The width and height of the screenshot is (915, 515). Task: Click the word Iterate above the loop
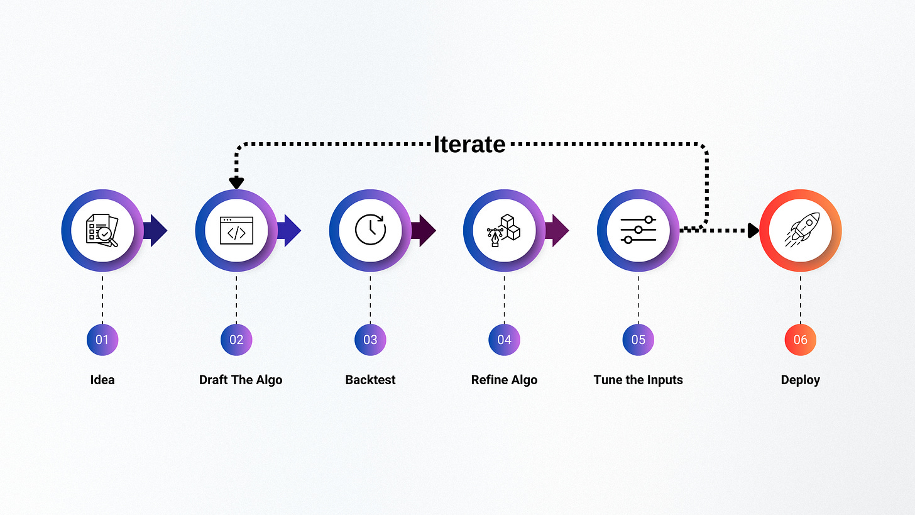pyautogui.click(x=469, y=144)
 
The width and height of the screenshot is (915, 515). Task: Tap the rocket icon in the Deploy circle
pyautogui.click(x=800, y=230)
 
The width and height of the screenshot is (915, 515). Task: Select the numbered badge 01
pyautogui.click(x=102, y=340)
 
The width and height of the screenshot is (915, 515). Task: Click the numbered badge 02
pyautogui.click(x=236, y=340)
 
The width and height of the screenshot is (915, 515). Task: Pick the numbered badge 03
pyautogui.click(x=370, y=340)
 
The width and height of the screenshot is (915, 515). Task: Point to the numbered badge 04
pyautogui.click(x=504, y=340)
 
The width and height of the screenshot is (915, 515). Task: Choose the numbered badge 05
pyautogui.click(x=638, y=340)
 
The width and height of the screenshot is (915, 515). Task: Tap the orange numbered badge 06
pyautogui.click(x=800, y=340)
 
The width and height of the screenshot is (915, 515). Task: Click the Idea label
pyautogui.click(x=102, y=380)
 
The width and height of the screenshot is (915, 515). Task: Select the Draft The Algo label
pyautogui.click(x=241, y=380)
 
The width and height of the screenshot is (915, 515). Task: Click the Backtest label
pyautogui.click(x=370, y=380)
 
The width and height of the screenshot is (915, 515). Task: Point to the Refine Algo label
pyautogui.click(x=504, y=380)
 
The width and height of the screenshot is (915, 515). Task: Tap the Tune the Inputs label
pyautogui.click(x=638, y=380)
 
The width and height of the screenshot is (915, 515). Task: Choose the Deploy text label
pyautogui.click(x=800, y=380)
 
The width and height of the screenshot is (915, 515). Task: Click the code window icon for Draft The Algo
pyautogui.click(x=236, y=230)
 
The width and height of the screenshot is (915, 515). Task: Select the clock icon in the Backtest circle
pyautogui.click(x=370, y=230)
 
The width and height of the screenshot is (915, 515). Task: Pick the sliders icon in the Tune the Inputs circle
pyautogui.click(x=638, y=230)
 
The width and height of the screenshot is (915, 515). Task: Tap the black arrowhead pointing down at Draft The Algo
pyautogui.click(x=236, y=182)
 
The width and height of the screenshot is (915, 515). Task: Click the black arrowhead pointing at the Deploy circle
pyautogui.click(x=753, y=230)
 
